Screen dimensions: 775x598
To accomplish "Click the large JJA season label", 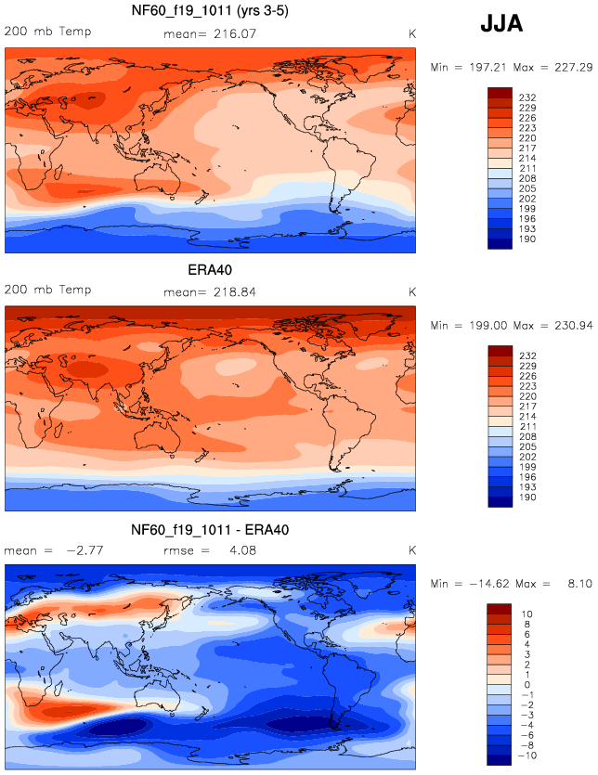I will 501,24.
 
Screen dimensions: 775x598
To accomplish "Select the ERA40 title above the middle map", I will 208,270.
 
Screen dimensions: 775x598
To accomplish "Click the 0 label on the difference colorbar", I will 526,685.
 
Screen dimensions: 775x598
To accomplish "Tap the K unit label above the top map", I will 412,33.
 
